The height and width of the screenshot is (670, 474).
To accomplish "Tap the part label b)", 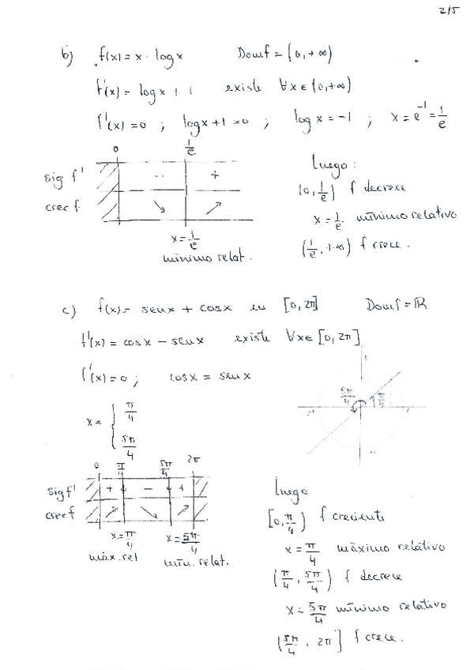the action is (68, 54).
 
